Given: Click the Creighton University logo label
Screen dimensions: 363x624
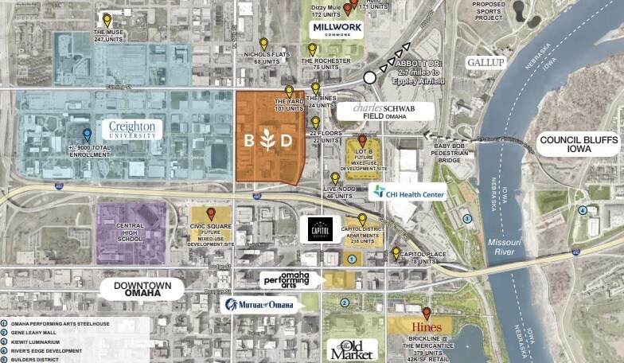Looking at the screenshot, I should tap(132, 130).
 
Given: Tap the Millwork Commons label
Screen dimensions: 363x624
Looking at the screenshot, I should tap(337, 30).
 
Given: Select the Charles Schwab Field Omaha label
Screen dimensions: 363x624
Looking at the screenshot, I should tap(385, 111).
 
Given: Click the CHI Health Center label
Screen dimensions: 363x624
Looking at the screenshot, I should tap(407, 191).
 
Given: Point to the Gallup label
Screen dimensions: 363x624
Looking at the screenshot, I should tap(486, 62).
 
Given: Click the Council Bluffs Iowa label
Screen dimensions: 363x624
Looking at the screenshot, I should tap(578, 144).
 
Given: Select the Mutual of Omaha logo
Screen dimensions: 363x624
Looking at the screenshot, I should tap(260, 304).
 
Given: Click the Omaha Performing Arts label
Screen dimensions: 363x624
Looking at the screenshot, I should tap(287, 279).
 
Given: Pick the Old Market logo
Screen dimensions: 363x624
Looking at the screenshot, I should tap(352, 349).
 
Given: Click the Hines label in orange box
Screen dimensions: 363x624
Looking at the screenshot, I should tap(420, 326).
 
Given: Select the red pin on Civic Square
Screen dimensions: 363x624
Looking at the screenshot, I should tap(211, 213).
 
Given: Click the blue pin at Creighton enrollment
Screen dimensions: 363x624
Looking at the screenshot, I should tap(87, 135).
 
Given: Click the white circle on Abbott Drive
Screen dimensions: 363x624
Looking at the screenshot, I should tap(369, 77).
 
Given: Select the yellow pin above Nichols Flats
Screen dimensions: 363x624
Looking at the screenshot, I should tap(263, 43).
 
